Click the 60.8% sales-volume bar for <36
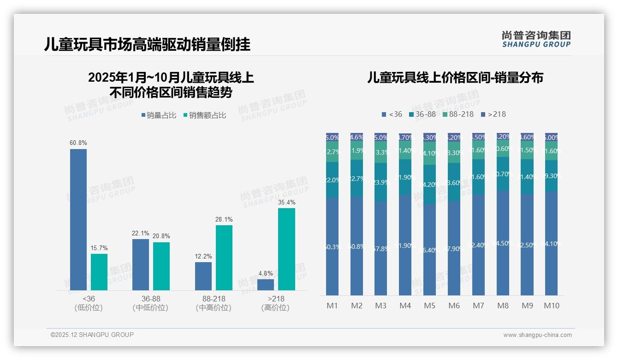pyautogui.click(x=78, y=219)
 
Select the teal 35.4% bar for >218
pyautogui.click(x=286, y=249)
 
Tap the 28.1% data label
pyautogui.click(x=224, y=220)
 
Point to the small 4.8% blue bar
pyautogui.click(x=266, y=285)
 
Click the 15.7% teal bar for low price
pyautogui.click(x=99, y=272)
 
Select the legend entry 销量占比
pyautogui.click(x=159, y=115)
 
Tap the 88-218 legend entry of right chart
pyautogui.click(x=458, y=114)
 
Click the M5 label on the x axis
pyautogui.click(x=429, y=306)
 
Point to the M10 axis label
pyautogui.click(x=551, y=306)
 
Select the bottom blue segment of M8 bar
pyautogui.click(x=503, y=243)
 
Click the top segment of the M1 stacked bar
pyautogui.click(x=332, y=137)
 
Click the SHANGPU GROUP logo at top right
pyautogui.click(x=536, y=39)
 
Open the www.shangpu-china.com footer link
pyautogui.click(x=537, y=335)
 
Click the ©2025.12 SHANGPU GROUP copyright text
pyautogui.click(x=92, y=335)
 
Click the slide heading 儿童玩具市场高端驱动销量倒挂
pyautogui.click(x=147, y=45)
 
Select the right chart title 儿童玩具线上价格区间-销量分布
pyautogui.click(x=455, y=78)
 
